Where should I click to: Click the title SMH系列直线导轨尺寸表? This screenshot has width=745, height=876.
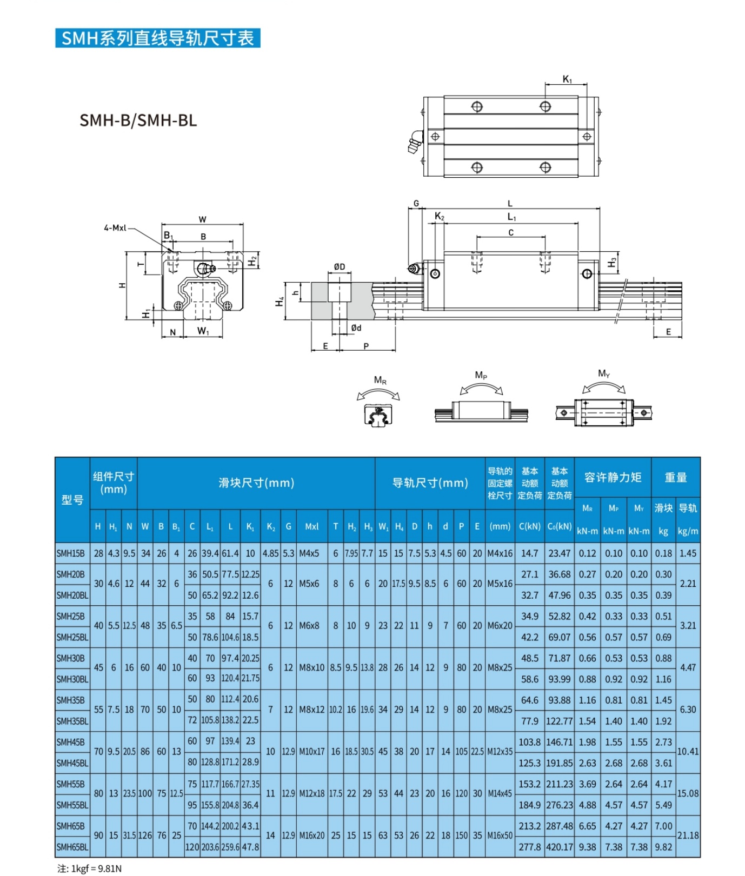click(x=157, y=38)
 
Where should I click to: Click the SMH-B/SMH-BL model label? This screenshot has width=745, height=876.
click(x=138, y=120)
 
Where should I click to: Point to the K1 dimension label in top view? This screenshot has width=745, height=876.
click(x=567, y=79)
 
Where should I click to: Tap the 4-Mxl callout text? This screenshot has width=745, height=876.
click(x=115, y=228)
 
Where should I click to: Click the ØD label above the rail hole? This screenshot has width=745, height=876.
click(x=339, y=267)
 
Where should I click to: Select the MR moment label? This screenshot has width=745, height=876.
click(x=380, y=380)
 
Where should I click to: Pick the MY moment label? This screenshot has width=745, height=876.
click(x=603, y=373)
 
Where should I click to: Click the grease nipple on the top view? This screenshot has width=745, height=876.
click(x=415, y=143)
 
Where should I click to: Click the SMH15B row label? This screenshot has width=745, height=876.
click(x=71, y=553)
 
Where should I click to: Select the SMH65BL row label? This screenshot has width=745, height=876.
click(x=72, y=847)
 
